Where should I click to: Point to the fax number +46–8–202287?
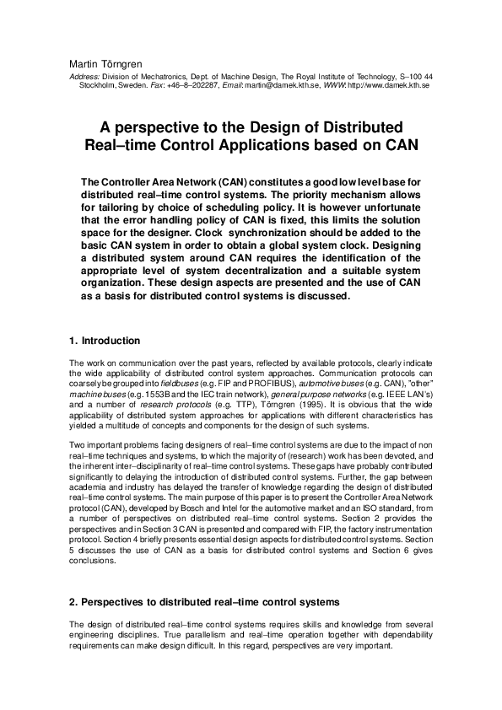(195, 86)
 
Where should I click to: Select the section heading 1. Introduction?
(105, 341)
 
